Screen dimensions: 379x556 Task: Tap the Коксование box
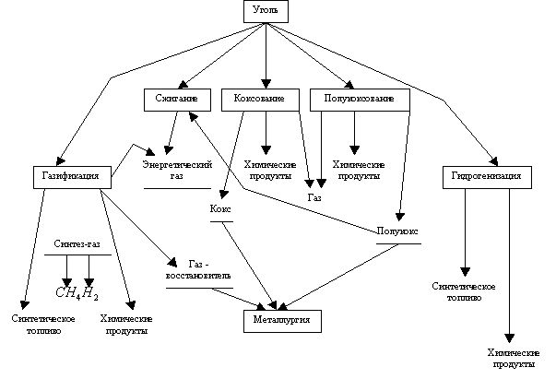pos(266,99)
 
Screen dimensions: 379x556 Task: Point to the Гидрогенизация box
pos(488,175)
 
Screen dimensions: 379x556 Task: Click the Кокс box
pos(219,210)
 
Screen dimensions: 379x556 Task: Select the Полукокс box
pos(397,231)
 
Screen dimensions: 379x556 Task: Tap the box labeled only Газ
pos(314,198)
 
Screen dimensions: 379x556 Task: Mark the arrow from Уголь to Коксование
pos(266,55)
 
